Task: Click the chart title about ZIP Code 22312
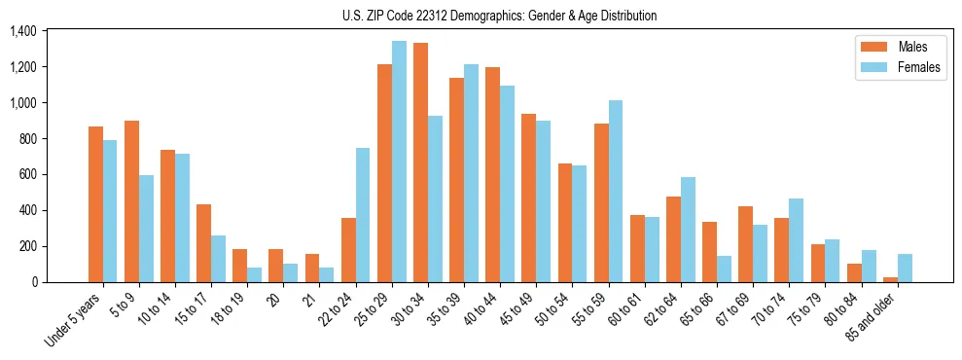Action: pos(499,16)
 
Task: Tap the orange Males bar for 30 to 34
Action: pos(420,162)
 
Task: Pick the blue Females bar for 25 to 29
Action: pos(399,162)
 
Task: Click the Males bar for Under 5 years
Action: pos(95,204)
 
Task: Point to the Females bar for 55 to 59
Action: pos(615,191)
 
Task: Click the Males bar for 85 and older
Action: pos(890,279)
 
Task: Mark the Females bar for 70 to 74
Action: pos(796,240)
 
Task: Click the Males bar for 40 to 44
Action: pos(492,175)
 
